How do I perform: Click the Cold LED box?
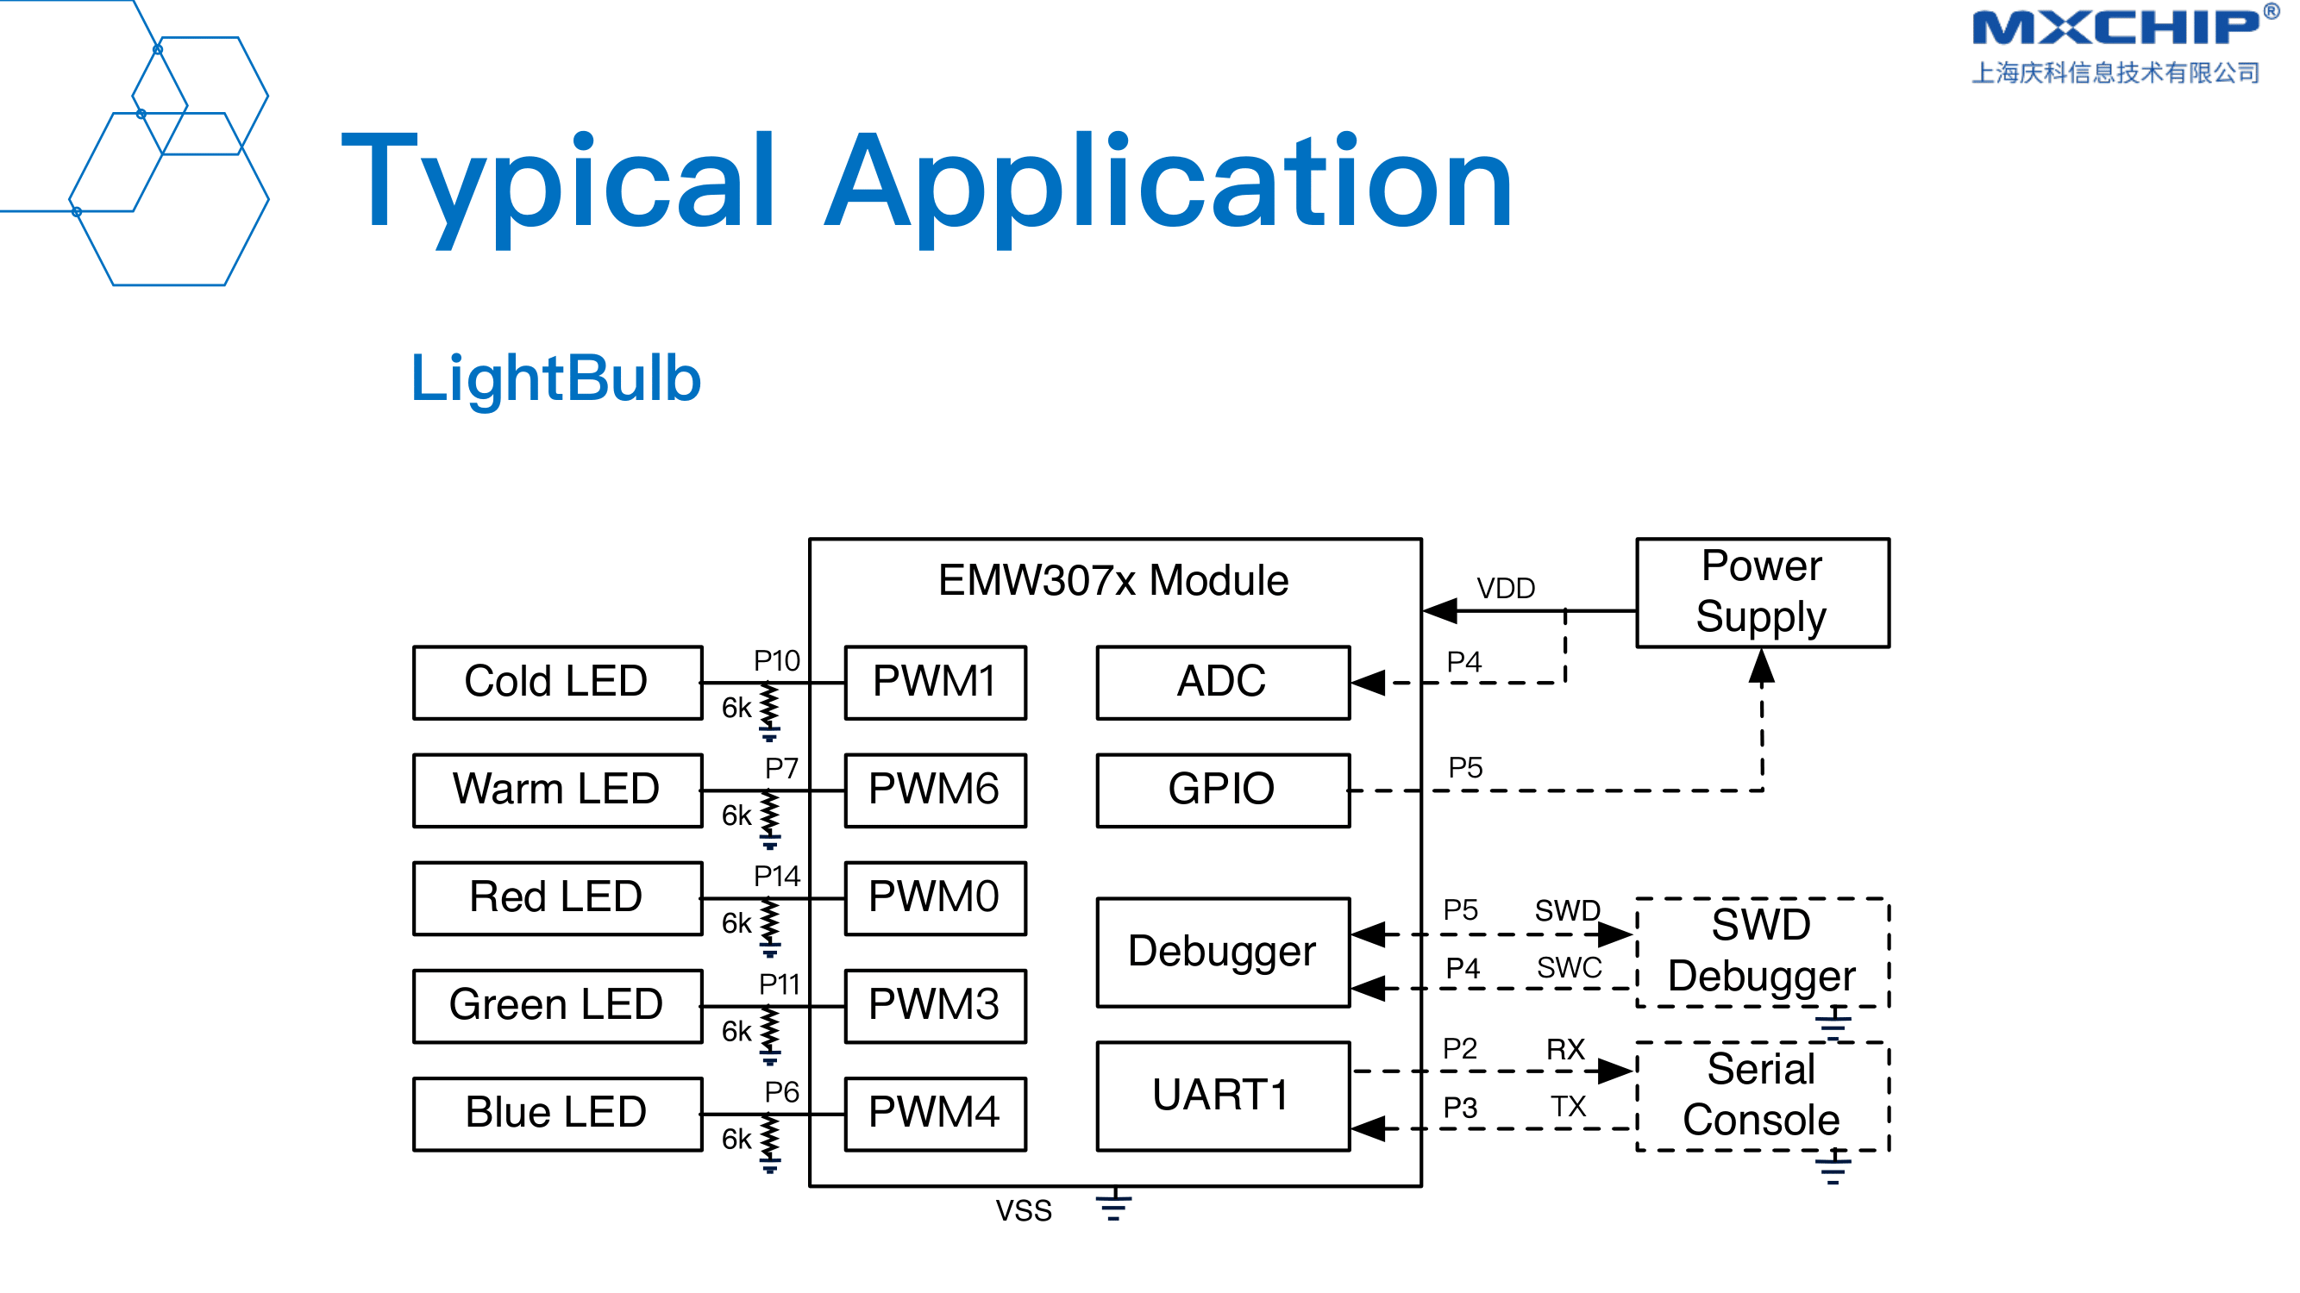coord(557,683)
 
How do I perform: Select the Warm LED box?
coord(557,790)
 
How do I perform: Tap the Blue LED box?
coord(557,1114)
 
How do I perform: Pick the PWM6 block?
coord(935,790)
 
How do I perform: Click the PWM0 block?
coord(935,897)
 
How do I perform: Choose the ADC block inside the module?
coord(1222,683)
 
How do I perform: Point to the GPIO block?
coord(1222,790)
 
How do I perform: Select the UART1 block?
coord(1222,1096)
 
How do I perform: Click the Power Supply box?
coord(1762,592)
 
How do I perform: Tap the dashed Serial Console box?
coord(1762,1096)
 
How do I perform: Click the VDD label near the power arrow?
coord(1506,589)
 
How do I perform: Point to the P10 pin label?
coord(776,661)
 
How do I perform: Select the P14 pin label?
coord(776,877)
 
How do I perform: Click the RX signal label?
coord(1565,1049)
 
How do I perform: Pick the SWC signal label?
coord(1569,968)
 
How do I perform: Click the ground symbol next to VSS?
coord(1113,1205)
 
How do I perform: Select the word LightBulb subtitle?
coord(555,378)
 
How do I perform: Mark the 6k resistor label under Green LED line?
coord(736,1032)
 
